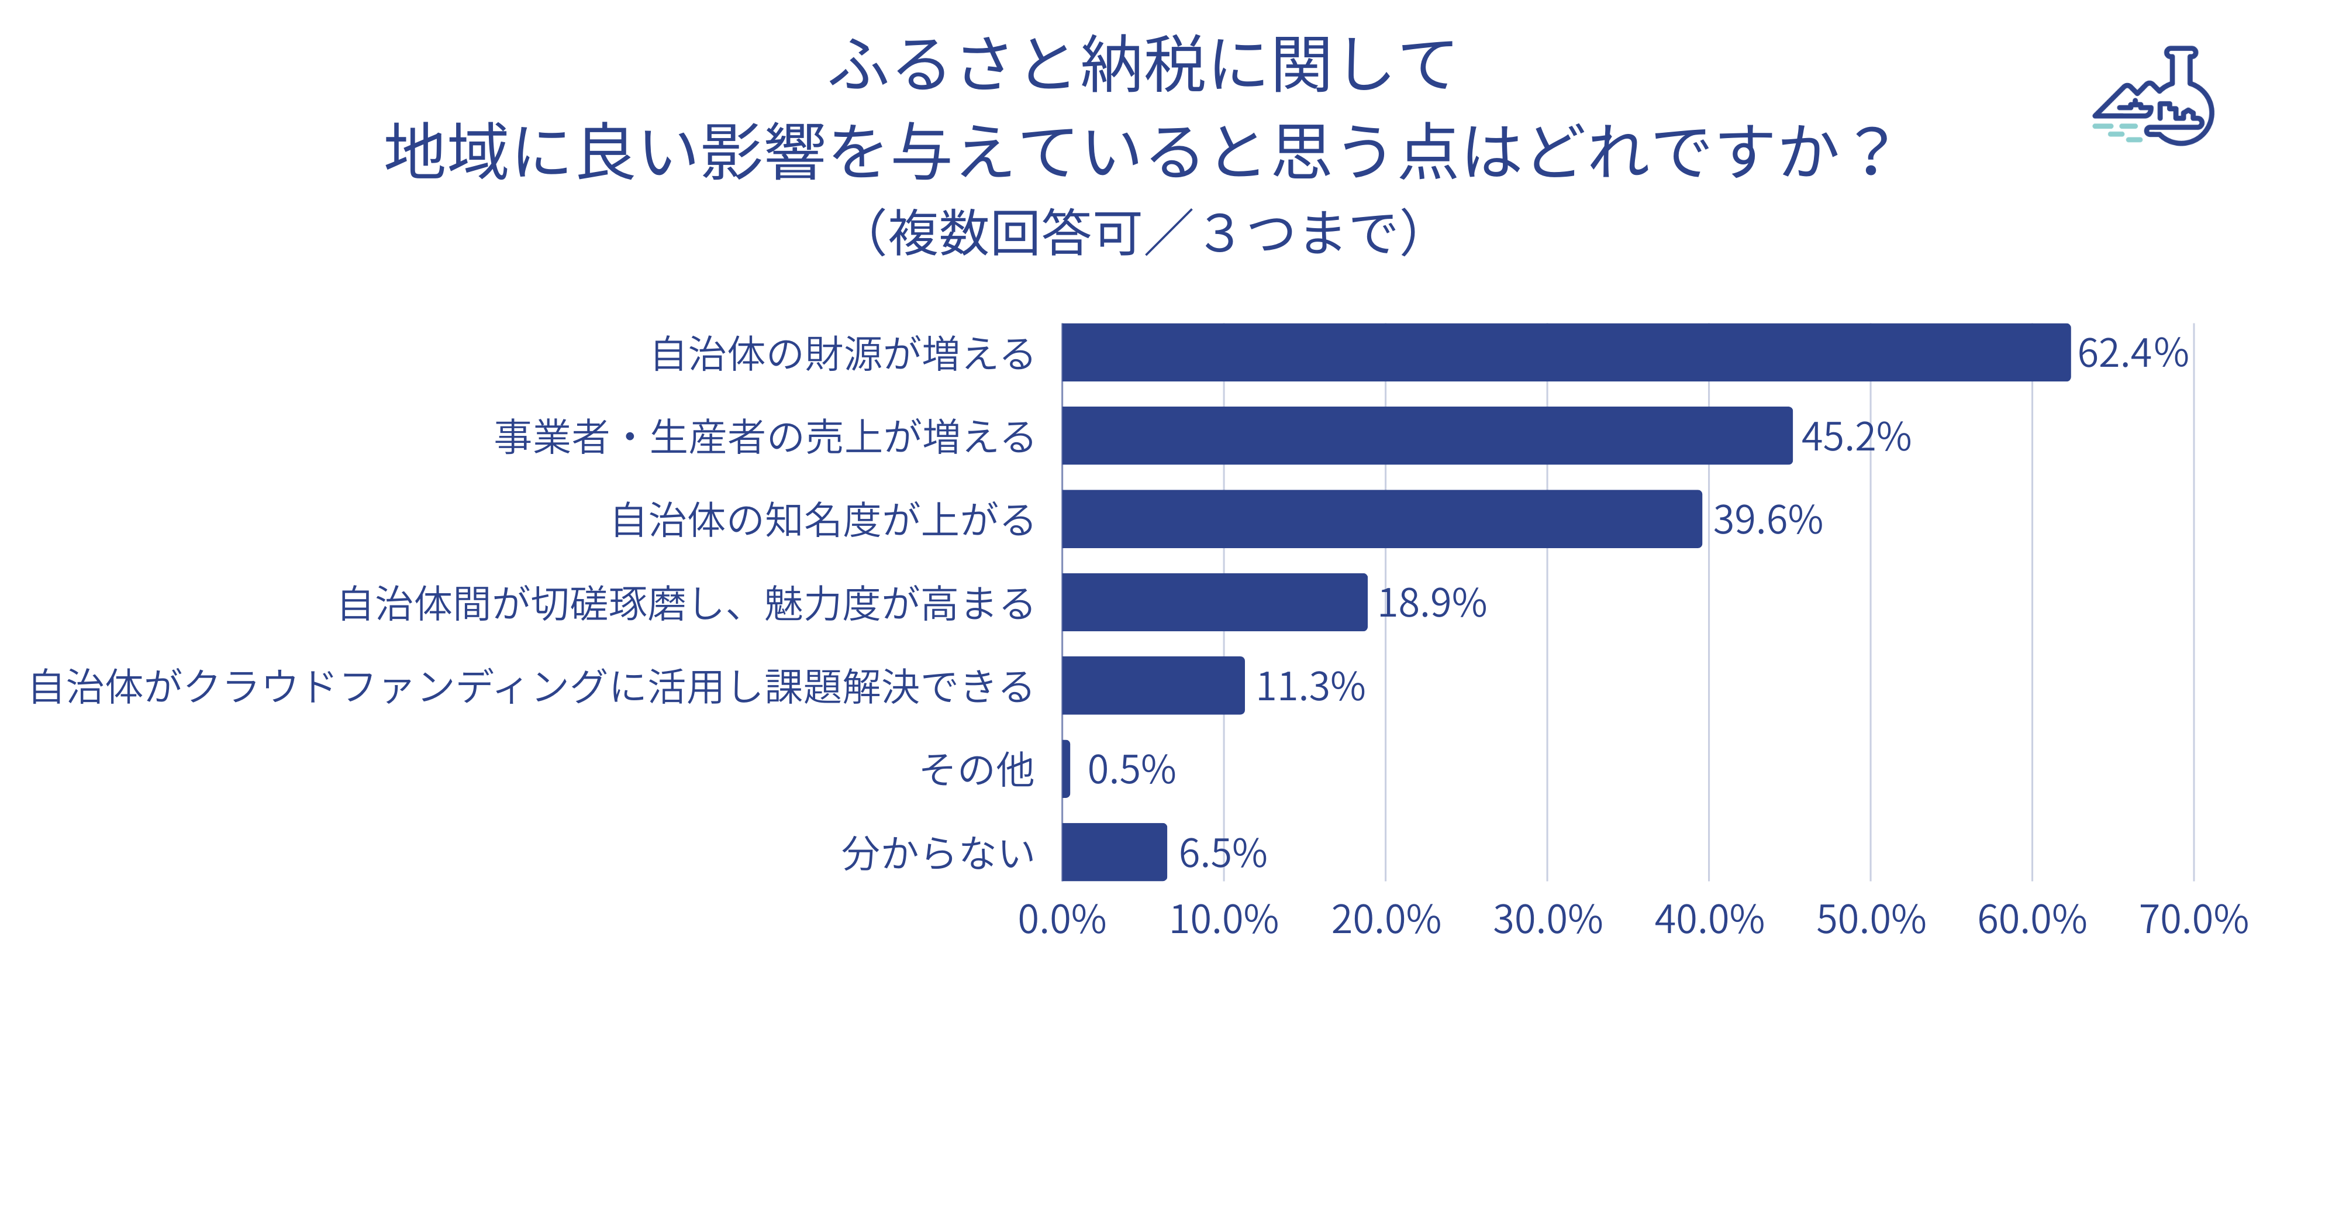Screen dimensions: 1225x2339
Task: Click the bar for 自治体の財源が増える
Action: point(1565,352)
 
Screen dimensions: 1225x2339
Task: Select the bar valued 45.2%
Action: point(1426,436)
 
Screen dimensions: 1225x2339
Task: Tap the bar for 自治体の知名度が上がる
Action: point(1381,519)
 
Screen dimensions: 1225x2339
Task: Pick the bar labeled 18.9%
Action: point(1214,602)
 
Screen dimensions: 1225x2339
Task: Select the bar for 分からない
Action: point(1114,852)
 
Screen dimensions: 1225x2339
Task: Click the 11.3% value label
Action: point(1310,687)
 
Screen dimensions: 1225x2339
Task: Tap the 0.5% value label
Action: point(1131,770)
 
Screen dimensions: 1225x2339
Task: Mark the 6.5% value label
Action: point(1222,854)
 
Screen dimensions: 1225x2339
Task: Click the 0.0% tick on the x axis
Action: point(1061,920)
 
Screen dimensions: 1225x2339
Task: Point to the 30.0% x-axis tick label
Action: point(1547,920)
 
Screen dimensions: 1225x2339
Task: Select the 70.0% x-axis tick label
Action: point(2194,920)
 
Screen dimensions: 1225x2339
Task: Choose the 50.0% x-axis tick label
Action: point(1871,920)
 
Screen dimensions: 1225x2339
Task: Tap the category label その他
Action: point(977,770)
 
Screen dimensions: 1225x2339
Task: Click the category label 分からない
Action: point(938,854)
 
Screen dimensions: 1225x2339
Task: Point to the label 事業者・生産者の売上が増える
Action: point(764,437)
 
